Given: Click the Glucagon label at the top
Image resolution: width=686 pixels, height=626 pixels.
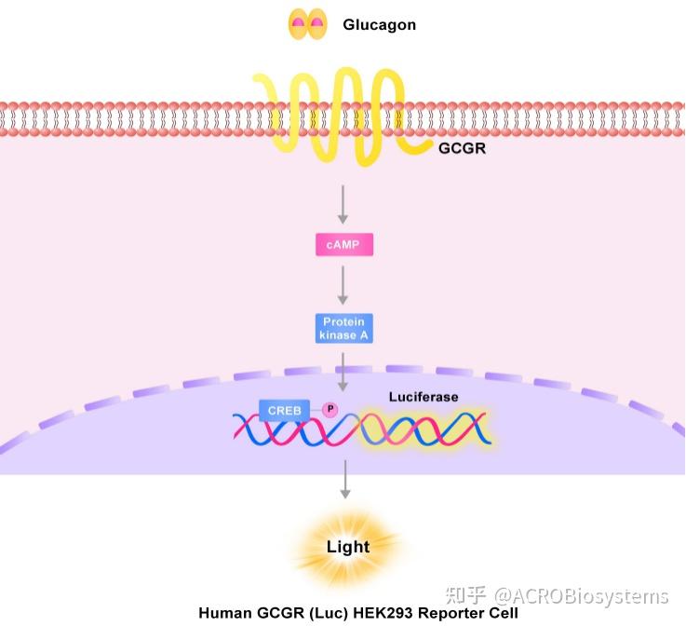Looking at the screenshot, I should point(379,25).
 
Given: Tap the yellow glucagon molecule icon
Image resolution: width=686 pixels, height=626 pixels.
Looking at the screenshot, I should point(307,24).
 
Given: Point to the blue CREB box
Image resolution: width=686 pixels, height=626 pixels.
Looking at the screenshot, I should point(284,410).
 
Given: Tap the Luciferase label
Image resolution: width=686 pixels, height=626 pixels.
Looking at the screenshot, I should point(423,397).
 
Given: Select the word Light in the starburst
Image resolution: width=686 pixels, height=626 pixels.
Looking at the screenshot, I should point(347,547).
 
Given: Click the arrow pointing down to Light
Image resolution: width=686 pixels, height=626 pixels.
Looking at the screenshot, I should point(346,478).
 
